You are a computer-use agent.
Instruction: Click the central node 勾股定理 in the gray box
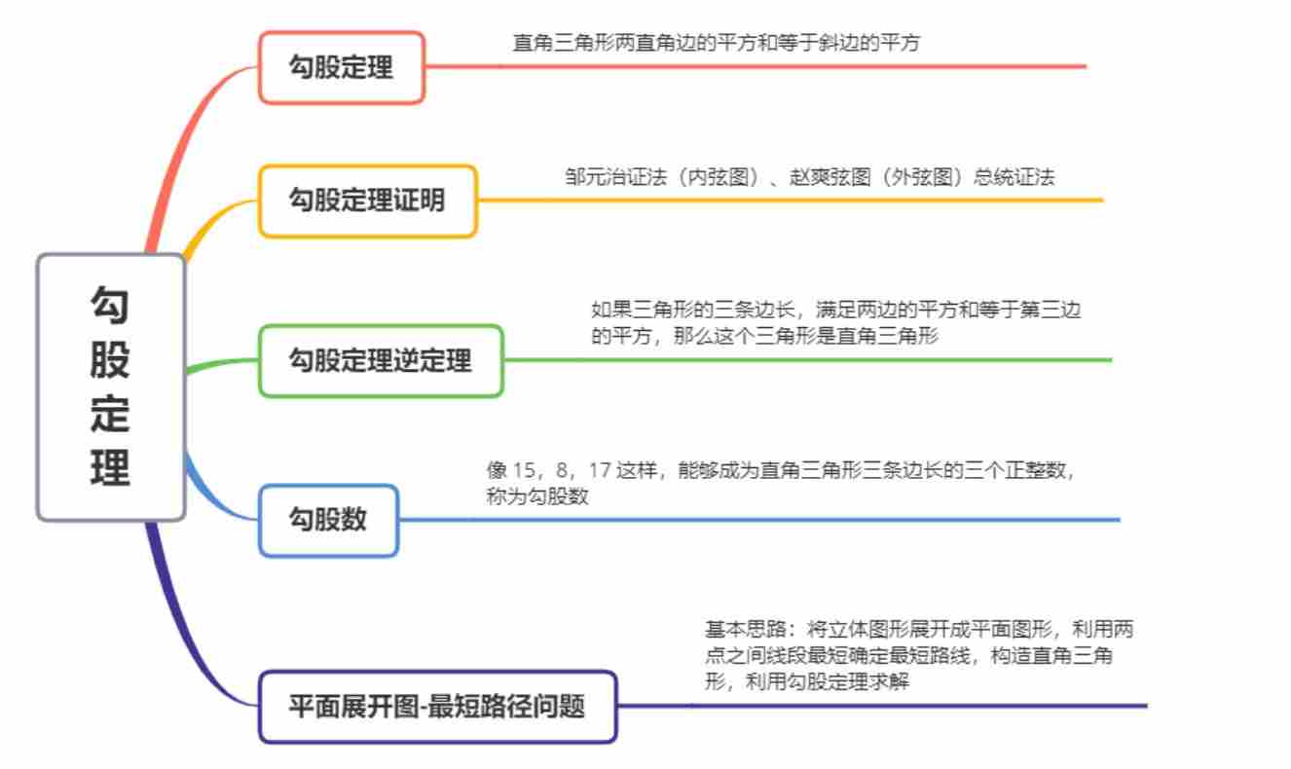pos(110,386)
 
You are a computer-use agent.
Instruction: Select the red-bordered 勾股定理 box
pos(341,67)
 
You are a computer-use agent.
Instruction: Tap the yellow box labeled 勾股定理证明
pos(367,201)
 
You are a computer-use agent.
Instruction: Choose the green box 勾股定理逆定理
pos(380,361)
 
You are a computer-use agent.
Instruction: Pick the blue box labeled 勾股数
pos(328,520)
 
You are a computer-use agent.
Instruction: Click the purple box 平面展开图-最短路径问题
pos(437,707)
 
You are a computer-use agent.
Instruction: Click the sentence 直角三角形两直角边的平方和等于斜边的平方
pos(716,43)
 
